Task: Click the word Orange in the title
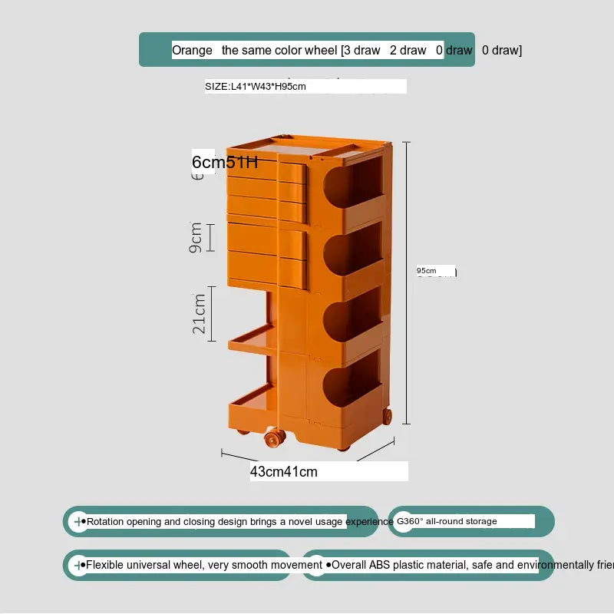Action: pos(192,51)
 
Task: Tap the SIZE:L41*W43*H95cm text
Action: pos(256,87)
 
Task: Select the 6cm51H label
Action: pos(224,162)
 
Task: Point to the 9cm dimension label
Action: pos(196,237)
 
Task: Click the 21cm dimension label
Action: pos(199,313)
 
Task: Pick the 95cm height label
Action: pos(427,271)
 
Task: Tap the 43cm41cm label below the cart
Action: pos(283,472)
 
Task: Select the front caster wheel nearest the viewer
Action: pos(272,439)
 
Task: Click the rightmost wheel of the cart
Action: pos(386,417)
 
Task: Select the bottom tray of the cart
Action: pos(253,399)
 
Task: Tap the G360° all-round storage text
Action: pos(447,522)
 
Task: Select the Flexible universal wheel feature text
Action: pos(204,566)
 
